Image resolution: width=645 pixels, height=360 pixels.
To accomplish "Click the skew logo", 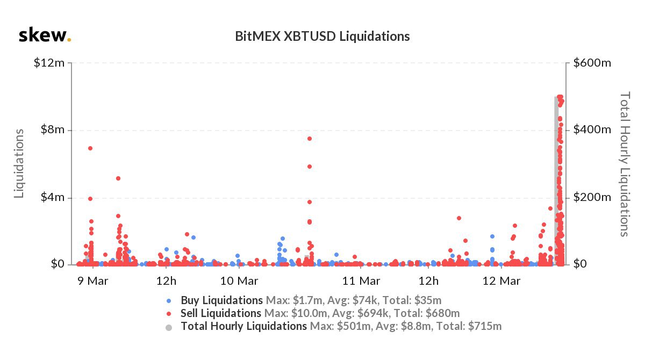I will (x=45, y=35).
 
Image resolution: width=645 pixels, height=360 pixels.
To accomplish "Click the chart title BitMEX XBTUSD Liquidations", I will (x=322, y=36).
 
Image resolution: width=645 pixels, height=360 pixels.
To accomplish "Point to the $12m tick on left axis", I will (x=50, y=63).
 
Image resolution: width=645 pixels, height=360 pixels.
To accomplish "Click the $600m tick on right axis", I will (x=591, y=63).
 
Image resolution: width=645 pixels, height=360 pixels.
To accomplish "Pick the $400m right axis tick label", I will (x=591, y=130).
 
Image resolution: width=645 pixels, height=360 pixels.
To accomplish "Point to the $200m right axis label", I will (x=591, y=197).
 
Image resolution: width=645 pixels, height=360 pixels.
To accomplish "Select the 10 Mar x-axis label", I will (x=239, y=280).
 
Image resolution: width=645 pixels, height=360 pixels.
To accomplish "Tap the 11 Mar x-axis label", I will (x=361, y=280).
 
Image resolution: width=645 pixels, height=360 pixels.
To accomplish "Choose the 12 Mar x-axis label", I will (x=501, y=280).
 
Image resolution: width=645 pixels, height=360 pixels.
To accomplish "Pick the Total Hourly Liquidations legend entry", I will (x=243, y=326).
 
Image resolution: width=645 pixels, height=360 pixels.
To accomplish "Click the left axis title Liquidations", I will (x=19, y=163).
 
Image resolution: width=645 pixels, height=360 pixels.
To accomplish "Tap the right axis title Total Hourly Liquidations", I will (x=625, y=163).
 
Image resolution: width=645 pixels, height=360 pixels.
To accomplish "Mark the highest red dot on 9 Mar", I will (x=90, y=148).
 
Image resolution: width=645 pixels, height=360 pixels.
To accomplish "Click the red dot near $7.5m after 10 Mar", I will (x=310, y=139).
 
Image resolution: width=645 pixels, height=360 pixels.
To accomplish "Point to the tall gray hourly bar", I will (x=556, y=183).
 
